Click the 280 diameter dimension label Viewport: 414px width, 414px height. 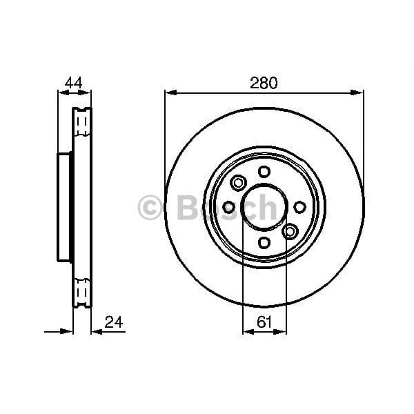point(264,83)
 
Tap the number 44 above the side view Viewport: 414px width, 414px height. point(73,83)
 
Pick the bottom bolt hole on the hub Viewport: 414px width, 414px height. point(264,242)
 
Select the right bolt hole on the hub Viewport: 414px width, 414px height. point(299,207)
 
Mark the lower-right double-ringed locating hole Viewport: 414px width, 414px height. point(290,231)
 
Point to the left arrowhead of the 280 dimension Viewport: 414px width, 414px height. point(170,92)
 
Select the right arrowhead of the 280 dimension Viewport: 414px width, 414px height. point(359,92)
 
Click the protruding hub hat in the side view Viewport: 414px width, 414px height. point(63,207)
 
